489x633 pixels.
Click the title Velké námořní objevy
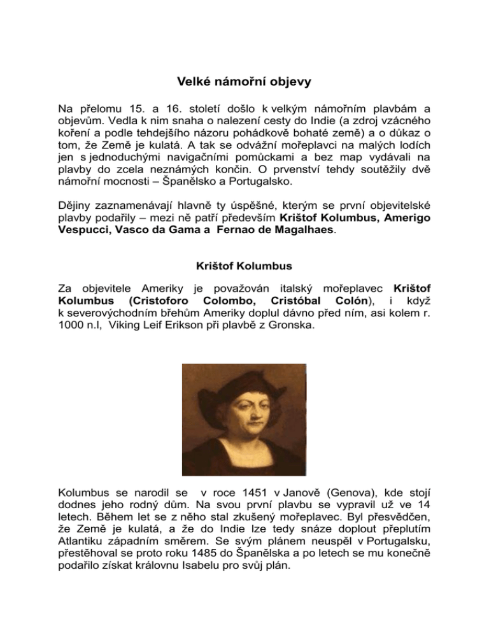[x=244, y=82]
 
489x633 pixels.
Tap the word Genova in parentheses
[x=346, y=492]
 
